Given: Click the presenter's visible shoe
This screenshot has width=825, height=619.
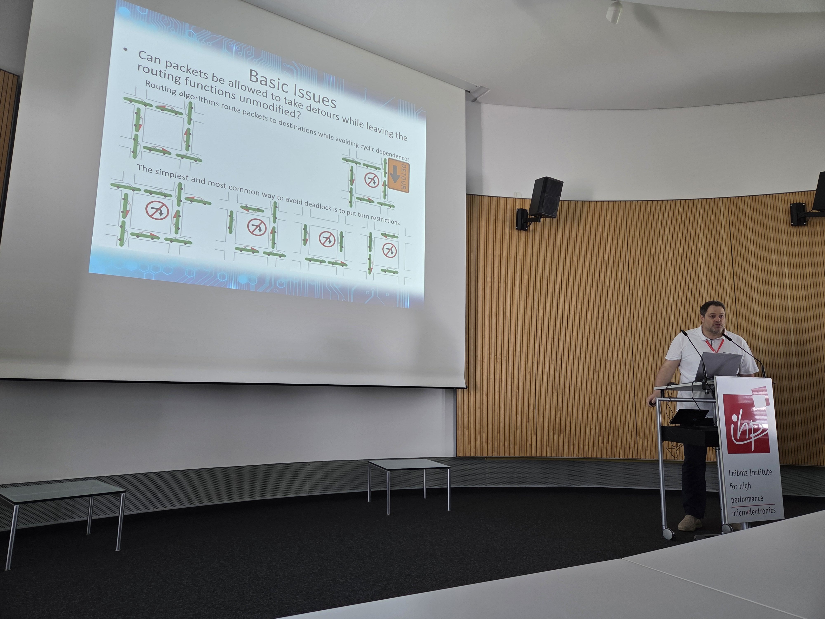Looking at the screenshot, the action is [689, 523].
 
